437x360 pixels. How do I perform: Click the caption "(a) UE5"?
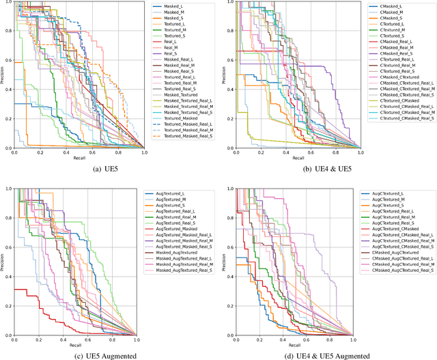pos(79,169)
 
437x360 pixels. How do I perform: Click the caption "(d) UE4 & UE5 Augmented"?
pos(294,355)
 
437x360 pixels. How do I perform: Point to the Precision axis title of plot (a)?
pos(5,75)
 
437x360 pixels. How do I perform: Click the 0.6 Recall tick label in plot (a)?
pos(91,152)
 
